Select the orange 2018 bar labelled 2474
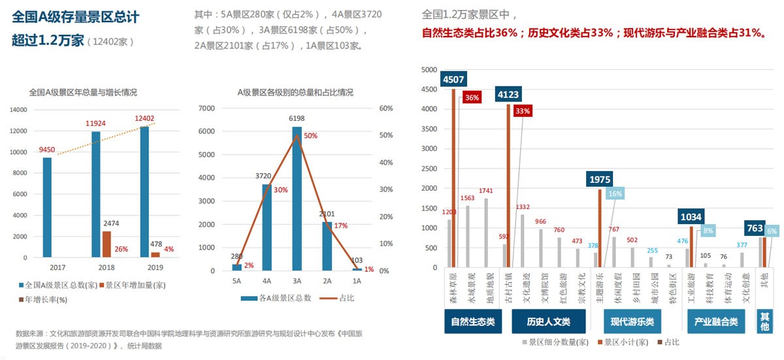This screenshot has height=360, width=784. [x=106, y=244]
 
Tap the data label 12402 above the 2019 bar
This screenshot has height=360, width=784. [x=145, y=118]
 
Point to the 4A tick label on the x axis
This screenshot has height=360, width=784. [x=267, y=280]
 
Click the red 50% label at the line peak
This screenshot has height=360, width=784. [x=310, y=136]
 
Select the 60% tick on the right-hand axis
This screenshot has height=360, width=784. [x=386, y=108]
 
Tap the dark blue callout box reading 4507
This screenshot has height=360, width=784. [x=453, y=80]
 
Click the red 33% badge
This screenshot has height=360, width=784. [x=522, y=111]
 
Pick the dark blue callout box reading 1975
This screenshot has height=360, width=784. [x=599, y=179]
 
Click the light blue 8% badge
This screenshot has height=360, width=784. [x=708, y=230]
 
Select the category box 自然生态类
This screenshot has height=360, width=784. [x=473, y=321]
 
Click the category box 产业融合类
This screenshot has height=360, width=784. [x=716, y=321]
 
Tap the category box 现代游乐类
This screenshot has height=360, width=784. [x=632, y=321]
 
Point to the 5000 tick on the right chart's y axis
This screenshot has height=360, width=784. [x=428, y=70]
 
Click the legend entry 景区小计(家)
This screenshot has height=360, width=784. [x=625, y=342]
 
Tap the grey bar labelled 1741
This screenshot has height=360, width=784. [x=486, y=233]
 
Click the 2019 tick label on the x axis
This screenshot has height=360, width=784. [x=145, y=267]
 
